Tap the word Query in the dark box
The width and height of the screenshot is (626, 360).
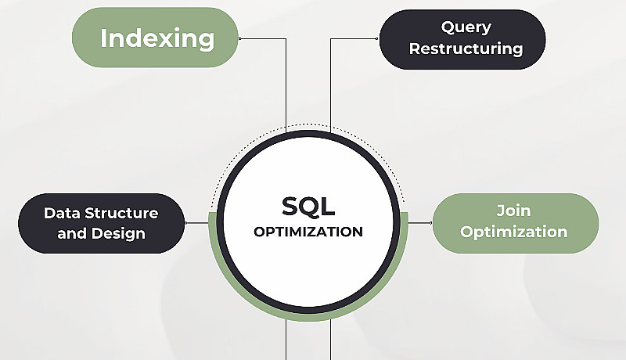click(466, 27)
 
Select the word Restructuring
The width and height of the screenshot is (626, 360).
click(466, 49)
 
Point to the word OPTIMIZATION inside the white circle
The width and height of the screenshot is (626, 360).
click(308, 232)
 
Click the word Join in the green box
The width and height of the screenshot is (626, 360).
click(513, 211)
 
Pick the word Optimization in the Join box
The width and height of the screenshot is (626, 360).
click(513, 232)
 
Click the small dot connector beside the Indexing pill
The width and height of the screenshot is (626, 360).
click(240, 38)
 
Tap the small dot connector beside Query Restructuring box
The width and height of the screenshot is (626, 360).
click(376, 38)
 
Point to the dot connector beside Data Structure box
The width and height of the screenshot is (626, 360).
click(185, 223)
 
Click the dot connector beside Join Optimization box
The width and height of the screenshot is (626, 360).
click(431, 223)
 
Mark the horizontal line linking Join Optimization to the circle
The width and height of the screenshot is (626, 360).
click(420, 223)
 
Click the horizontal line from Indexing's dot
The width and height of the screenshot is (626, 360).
click(263, 38)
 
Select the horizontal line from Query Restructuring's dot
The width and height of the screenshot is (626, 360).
click(354, 38)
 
